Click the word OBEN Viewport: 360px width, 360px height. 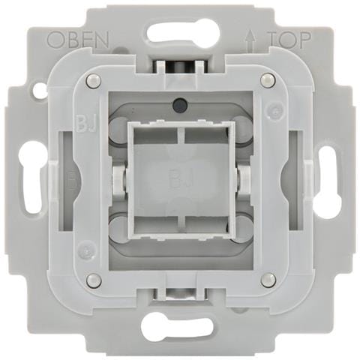pyautogui.click(x=76, y=39)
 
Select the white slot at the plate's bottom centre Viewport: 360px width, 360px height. pyautogui.click(x=179, y=327)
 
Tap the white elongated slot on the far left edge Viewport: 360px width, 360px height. pyautogui.click(x=31, y=181)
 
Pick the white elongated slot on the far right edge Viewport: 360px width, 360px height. pyautogui.click(x=327, y=181)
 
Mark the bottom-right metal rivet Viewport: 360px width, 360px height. pyautogui.click(x=268, y=280)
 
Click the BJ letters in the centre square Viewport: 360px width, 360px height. pyautogui.click(x=180, y=180)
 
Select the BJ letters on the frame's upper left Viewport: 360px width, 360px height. pyautogui.click(x=84, y=120)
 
